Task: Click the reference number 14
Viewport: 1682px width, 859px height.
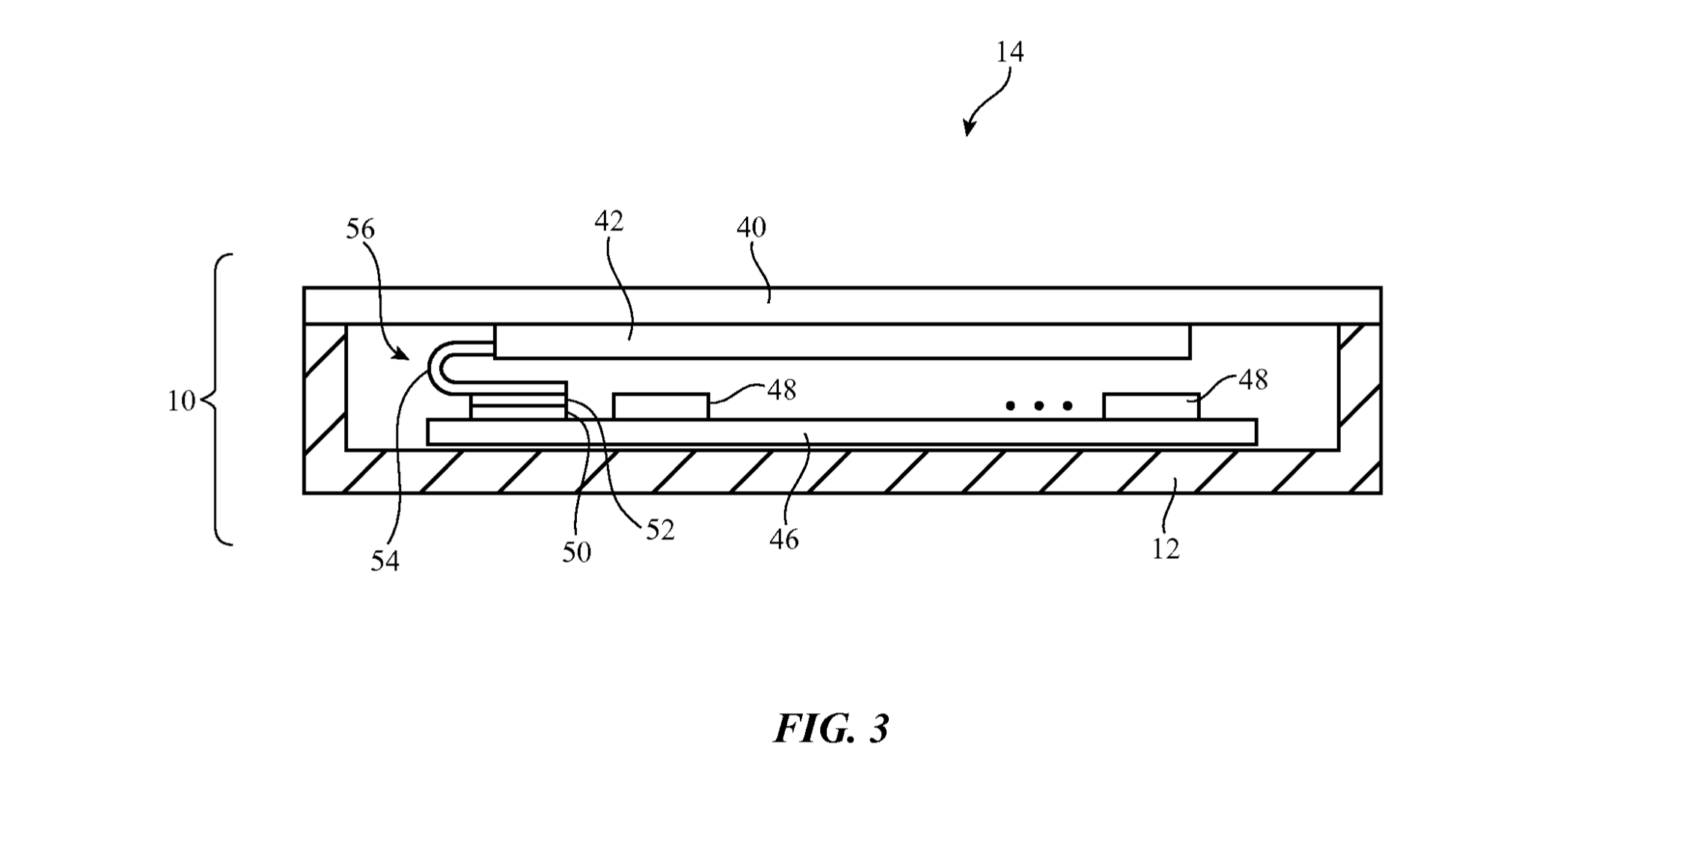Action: pyautogui.click(x=1009, y=52)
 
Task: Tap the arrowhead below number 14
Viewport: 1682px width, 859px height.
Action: pyautogui.click(x=968, y=129)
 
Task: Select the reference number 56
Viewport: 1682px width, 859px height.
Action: pyautogui.click(x=360, y=229)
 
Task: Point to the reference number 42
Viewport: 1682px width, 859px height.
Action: pyautogui.click(x=609, y=221)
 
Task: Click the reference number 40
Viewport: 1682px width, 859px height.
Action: pyautogui.click(x=751, y=227)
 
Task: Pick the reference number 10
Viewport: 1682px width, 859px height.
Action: pyautogui.click(x=180, y=402)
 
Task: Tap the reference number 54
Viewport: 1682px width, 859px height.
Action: pyautogui.click(x=385, y=561)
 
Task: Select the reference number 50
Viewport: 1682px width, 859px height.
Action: pyautogui.click(x=576, y=553)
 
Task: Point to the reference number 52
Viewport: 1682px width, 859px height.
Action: pyautogui.click(x=660, y=531)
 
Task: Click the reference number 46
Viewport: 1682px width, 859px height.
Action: pyautogui.click(x=784, y=539)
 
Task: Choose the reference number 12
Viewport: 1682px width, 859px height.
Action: pyautogui.click(x=1166, y=550)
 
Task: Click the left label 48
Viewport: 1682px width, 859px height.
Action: pyautogui.click(x=782, y=390)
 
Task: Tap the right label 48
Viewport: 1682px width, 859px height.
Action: pyautogui.click(x=1253, y=381)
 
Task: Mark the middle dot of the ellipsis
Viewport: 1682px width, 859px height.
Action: pyautogui.click(x=1039, y=406)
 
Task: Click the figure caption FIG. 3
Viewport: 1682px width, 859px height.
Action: pyautogui.click(x=831, y=729)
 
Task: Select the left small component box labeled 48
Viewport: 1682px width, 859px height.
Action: pyautogui.click(x=661, y=407)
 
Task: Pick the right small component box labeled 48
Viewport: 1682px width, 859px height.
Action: pyautogui.click(x=1151, y=407)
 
